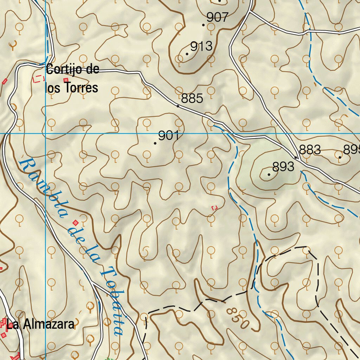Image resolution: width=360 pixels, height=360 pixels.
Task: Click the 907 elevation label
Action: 218,17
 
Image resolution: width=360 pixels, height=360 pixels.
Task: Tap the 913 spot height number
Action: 201,46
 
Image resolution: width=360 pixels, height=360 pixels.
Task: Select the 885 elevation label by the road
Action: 192,98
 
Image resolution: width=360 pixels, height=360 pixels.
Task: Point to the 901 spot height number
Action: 169,135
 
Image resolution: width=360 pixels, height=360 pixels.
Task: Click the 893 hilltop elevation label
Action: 283,167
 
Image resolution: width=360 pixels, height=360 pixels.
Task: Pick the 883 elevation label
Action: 310,150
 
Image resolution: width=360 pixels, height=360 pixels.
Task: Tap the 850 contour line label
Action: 238,318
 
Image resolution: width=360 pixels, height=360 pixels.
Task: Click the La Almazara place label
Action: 40,324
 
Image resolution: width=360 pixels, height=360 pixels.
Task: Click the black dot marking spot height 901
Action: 155,143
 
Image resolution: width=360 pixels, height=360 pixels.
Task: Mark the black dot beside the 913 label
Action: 187,54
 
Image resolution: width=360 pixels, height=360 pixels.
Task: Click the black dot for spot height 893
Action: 269,174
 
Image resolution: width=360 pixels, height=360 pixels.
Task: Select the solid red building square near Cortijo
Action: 66,80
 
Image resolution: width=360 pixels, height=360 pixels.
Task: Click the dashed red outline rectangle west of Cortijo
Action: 38,79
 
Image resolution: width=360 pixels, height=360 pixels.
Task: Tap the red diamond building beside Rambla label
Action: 76,223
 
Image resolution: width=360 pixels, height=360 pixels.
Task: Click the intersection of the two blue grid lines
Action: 45,134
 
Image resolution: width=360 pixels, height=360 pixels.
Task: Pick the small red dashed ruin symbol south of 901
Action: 214,208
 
